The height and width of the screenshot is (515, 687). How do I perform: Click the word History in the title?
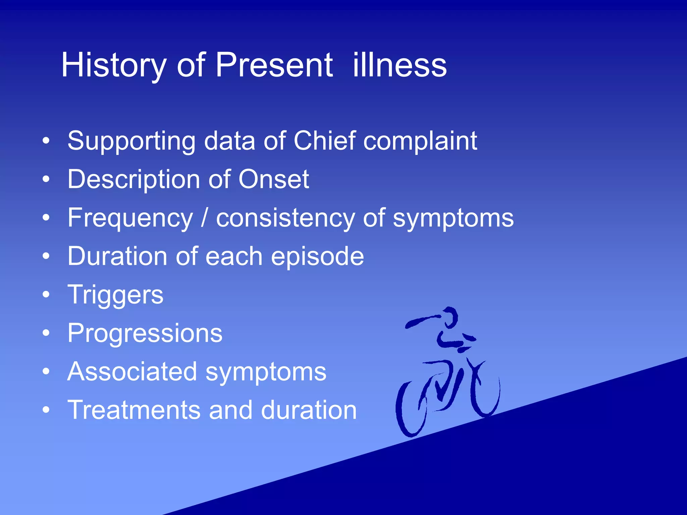point(113,65)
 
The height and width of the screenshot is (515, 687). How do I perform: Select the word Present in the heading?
point(274,65)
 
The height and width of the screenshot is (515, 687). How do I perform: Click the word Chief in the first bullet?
point(324,141)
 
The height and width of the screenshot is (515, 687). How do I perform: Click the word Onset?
point(273,179)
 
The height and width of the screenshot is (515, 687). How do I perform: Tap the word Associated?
point(132,372)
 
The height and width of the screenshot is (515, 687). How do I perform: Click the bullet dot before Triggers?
point(46,295)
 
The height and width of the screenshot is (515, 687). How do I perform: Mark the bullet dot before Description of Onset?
point(46,179)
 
